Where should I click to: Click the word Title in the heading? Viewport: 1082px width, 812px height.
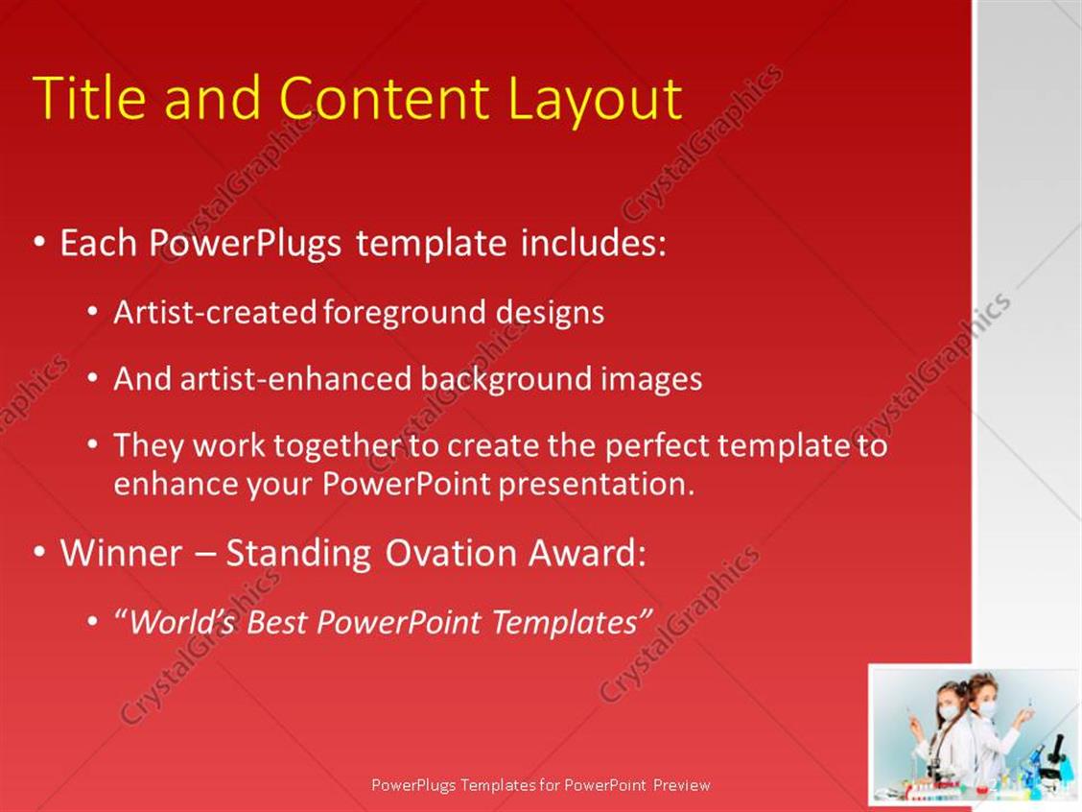(89, 98)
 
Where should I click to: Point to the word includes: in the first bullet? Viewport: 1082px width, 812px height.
(594, 243)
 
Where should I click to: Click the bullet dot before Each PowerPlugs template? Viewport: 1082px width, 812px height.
(40, 243)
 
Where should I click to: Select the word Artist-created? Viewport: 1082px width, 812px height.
(215, 312)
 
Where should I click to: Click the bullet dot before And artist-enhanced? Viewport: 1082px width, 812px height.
(93, 379)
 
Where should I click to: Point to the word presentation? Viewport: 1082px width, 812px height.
(597, 485)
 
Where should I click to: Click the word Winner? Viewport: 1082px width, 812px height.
(122, 553)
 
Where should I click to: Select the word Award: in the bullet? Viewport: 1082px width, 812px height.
(587, 553)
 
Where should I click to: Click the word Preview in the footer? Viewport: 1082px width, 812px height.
(682, 785)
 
